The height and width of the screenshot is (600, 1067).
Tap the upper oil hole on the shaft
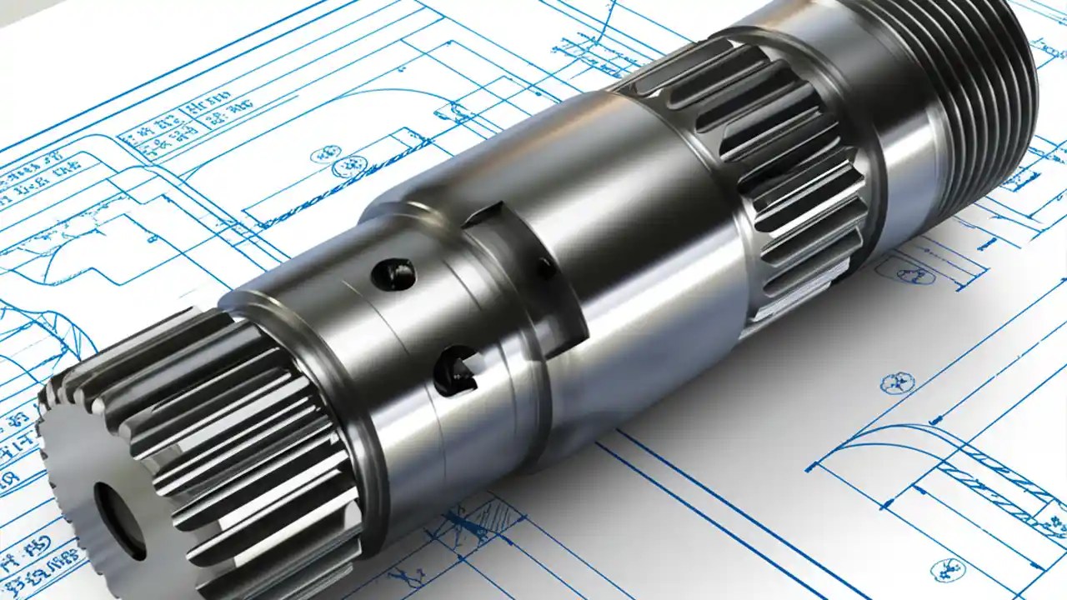[x=393, y=273]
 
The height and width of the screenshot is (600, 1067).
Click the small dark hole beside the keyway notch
[x=544, y=268]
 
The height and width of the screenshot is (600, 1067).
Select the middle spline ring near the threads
[x=775, y=167]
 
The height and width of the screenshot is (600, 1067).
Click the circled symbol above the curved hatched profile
[x=897, y=382]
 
